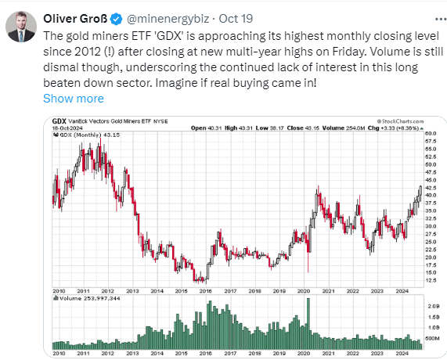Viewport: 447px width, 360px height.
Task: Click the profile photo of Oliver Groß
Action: (x=21, y=27)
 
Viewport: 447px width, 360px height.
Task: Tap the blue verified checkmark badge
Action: (x=117, y=19)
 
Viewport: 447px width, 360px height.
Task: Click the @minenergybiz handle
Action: (x=168, y=19)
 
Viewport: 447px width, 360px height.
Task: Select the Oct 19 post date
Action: (x=236, y=19)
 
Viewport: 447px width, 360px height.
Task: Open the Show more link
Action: (x=74, y=99)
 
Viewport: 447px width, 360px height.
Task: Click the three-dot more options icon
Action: (x=441, y=19)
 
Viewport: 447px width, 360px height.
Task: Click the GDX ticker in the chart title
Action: (x=59, y=121)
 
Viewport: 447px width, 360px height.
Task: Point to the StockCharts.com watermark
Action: (x=400, y=121)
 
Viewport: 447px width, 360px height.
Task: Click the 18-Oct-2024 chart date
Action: (x=67, y=128)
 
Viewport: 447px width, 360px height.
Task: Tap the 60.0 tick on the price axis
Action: (x=431, y=133)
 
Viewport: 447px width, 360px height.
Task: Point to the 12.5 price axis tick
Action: (x=431, y=280)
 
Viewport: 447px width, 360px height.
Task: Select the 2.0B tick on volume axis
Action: (x=434, y=306)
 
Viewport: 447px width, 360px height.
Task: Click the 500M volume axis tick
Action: (x=432, y=338)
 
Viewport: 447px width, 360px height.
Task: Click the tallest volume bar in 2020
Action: (x=308, y=324)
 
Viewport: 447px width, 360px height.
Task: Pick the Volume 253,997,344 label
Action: (x=87, y=298)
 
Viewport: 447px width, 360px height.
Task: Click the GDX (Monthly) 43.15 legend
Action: (x=87, y=135)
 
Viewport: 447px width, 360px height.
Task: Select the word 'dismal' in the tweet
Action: (x=60, y=67)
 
